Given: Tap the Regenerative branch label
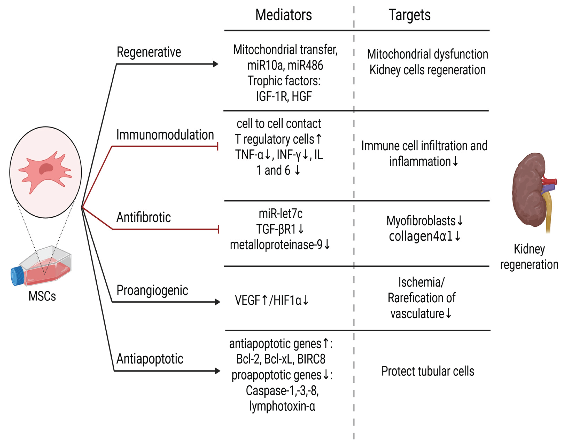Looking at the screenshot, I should pos(149,52).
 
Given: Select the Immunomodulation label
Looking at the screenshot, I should pos(165,135).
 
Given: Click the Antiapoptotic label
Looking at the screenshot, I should pos(150,358).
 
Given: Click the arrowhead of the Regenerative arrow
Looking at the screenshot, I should pos(215,64).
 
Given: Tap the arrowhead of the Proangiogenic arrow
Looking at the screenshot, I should pos(217,302).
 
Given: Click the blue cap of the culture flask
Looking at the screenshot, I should pos(17,276).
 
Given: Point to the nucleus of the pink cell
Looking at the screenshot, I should pos(46,169).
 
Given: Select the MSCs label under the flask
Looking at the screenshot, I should pos(42,296).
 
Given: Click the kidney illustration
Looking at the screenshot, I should pos(527,188).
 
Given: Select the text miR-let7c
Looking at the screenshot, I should pos(280,214).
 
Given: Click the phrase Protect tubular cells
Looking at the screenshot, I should pos(428,371).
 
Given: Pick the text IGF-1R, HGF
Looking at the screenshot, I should pos(284,96).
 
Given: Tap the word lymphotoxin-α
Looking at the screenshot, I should pos(282,406).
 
